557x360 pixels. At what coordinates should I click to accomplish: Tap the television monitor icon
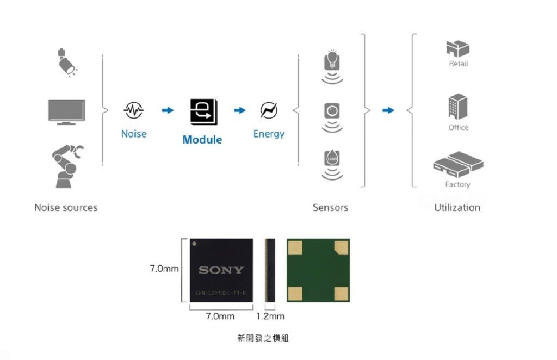(x=66, y=111)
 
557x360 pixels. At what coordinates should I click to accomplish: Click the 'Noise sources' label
(x=66, y=208)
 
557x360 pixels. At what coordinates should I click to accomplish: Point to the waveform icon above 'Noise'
(x=133, y=110)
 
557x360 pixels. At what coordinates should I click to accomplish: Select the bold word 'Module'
(x=202, y=140)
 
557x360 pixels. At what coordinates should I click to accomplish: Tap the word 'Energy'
(x=269, y=134)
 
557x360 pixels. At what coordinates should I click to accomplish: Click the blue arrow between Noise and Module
(x=168, y=110)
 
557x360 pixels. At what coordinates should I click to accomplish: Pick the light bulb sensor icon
(x=332, y=61)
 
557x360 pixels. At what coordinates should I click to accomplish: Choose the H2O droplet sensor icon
(x=332, y=159)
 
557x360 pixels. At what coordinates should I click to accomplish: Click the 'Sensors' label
(x=330, y=208)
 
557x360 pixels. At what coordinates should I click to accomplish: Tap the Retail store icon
(x=458, y=49)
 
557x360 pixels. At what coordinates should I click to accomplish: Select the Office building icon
(x=458, y=107)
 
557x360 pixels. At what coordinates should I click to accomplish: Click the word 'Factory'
(x=457, y=184)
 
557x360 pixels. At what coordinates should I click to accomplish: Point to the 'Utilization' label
(x=457, y=208)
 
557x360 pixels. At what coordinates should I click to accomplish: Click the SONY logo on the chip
(x=221, y=270)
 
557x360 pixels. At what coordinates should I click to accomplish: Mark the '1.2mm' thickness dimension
(x=270, y=316)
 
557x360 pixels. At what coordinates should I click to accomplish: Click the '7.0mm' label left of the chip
(x=164, y=269)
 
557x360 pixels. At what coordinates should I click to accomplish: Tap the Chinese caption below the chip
(x=263, y=338)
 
